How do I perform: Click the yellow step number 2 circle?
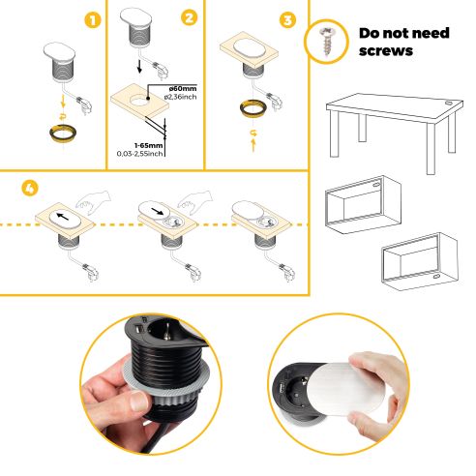click(x=189, y=16)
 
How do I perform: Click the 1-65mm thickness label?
click(x=134, y=144)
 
